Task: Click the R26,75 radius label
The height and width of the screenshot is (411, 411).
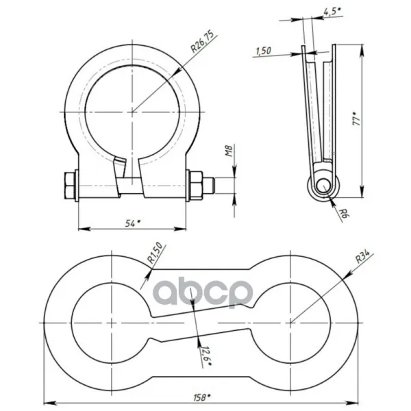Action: (x=202, y=41)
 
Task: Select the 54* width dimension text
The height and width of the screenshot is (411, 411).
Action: (x=133, y=223)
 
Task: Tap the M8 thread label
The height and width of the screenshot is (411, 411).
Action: (x=229, y=151)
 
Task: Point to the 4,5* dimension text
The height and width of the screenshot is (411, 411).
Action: (x=332, y=12)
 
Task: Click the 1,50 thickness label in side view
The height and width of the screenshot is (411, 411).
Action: (x=264, y=51)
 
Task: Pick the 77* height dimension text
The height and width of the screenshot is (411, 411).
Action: (x=357, y=119)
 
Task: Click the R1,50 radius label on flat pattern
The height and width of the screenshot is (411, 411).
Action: (x=155, y=253)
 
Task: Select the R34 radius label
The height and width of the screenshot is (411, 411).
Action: (x=362, y=257)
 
